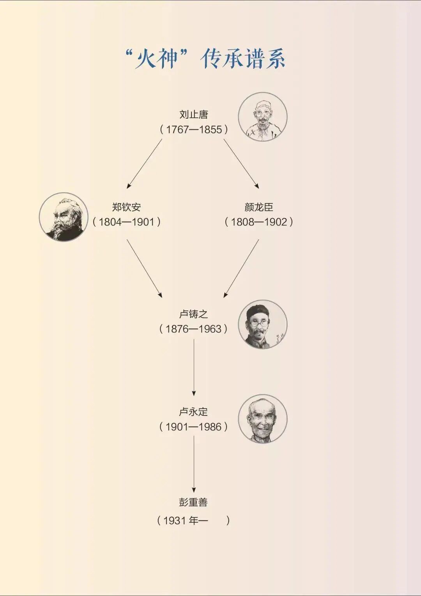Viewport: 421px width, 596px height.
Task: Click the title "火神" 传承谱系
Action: pyautogui.click(x=205, y=59)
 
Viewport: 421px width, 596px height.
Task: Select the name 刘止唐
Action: pyautogui.click(x=194, y=115)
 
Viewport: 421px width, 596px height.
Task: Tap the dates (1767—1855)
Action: pyautogui.click(x=194, y=129)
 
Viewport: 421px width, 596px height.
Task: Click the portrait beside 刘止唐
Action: pyautogui.click(x=262, y=117)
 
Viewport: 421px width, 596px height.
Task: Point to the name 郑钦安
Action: pyautogui.click(x=126, y=207)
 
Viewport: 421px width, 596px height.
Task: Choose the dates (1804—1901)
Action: pyautogui.click(x=126, y=222)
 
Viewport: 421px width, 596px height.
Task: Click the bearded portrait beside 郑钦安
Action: pyautogui.click(x=64, y=217)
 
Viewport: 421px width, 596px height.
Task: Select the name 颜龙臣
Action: pyautogui.click(x=259, y=207)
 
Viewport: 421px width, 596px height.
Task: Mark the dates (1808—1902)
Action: pyautogui.click(x=259, y=222)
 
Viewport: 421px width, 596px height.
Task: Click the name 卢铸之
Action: pyautogui.click(x=194, y=314)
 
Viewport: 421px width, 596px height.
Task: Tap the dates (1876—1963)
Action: pyautogui.click(x=194, y=329)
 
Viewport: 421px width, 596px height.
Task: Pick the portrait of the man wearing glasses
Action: pyautogui.click(x=262, y=325)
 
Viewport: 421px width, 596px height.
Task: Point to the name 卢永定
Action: pyautogui.click(x=194, y=412)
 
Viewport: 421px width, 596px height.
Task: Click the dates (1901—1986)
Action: pyautogui.click(x=194, y=427)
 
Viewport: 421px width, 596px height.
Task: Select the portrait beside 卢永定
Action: pyautogui.click(x=262, y=419)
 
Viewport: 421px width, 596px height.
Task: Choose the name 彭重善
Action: pyautogui.click(x=194, y=502)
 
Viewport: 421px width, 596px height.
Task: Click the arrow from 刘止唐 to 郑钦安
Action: pyautogui.click(x=144, y=164)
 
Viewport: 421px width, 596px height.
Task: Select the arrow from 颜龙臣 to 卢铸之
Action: pyautogui.click(x=241, y=268)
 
